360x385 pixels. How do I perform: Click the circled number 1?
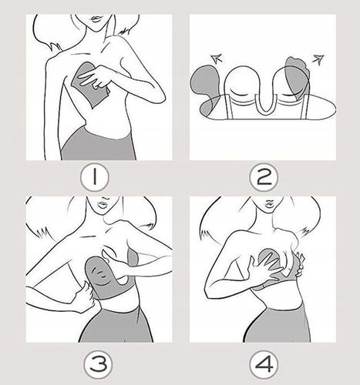click(95, 176)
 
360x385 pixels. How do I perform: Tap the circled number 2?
click(264, 177)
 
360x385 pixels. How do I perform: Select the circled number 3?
click(99, 364)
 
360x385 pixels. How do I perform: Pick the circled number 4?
click(264, 364)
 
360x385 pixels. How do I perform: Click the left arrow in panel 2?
click(216, 59)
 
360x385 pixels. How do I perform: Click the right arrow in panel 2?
click(318, 59)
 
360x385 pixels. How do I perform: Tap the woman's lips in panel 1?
click(96, 18)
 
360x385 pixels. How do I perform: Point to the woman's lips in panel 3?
click(103, 205)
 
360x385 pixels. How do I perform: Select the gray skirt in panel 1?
click(98, 146)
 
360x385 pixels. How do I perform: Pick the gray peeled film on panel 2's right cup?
click(298, 77)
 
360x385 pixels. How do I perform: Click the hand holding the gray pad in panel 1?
click(95, 76)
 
